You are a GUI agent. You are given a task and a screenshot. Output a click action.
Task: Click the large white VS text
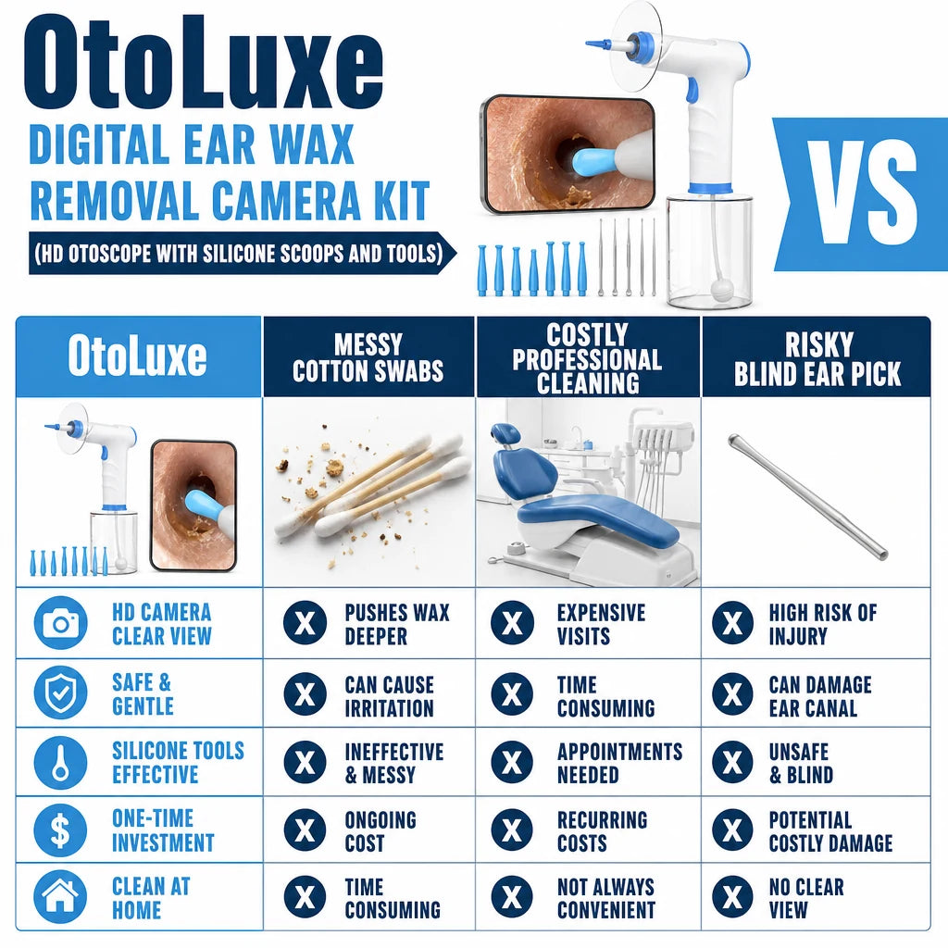(863, 192)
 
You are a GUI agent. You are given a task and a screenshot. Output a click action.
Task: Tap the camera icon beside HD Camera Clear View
(60, 623)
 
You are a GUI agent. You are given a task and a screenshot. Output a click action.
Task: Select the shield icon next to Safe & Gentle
(60, 692)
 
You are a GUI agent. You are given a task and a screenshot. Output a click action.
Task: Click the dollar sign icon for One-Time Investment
(60, 829)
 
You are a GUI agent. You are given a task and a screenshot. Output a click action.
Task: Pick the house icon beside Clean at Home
(60, 896)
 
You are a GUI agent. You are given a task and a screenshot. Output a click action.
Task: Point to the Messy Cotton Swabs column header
(368, 357)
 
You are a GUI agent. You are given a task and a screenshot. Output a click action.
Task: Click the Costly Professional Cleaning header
(587, 358)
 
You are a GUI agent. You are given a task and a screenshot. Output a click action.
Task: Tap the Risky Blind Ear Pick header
(817, 358)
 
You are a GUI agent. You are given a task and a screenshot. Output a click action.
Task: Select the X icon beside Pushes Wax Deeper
(306, 623)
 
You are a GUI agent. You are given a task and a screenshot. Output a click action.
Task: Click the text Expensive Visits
(601, 624)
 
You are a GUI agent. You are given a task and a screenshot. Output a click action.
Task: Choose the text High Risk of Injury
(822, 624)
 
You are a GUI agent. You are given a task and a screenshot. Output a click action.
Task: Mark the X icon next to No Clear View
(733, 896)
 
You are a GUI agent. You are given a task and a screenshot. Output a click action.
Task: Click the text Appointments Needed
(619, 763)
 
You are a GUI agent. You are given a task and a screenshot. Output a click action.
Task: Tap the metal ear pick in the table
(808, 496)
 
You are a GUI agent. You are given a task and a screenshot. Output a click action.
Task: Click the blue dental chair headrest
(505, 433)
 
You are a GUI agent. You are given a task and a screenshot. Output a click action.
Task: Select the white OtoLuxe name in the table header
(137, 356)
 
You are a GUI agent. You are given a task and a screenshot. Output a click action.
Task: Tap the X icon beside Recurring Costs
(512, 829)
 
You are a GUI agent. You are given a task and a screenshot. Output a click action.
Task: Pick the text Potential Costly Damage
(830, 831)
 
